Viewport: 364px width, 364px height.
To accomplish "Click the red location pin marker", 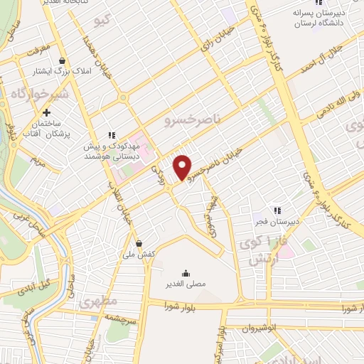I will [183, 167].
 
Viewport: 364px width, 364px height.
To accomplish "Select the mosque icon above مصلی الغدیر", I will [186, 273].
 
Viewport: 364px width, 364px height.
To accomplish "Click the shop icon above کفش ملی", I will [139, 242].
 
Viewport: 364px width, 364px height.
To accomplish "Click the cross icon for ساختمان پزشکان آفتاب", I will [47, 112].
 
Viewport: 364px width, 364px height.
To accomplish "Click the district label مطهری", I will [98, 301].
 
